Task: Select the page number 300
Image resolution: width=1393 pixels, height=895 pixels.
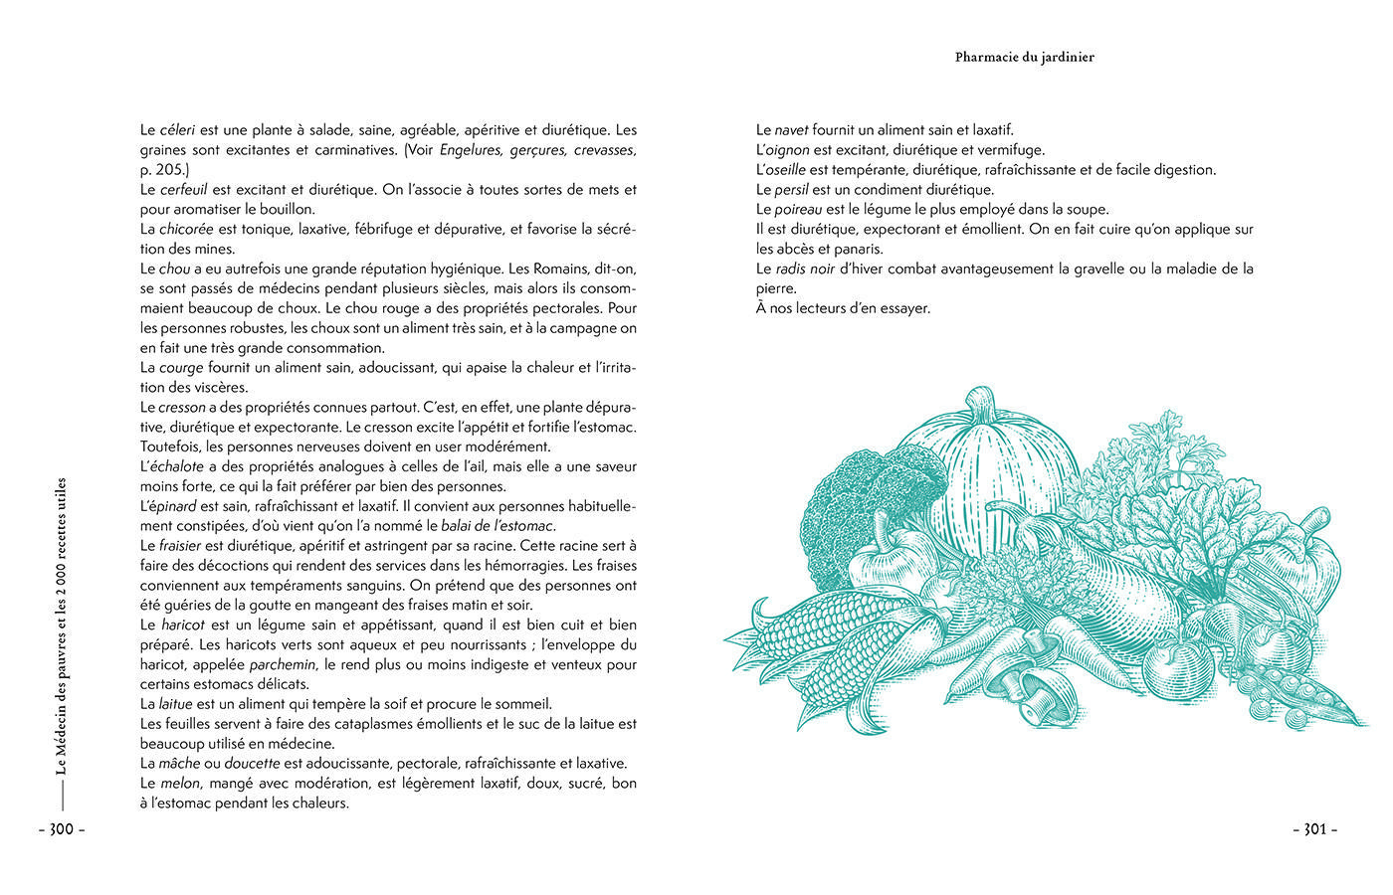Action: (62, 829)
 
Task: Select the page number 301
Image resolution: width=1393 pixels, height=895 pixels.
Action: (1314, 829)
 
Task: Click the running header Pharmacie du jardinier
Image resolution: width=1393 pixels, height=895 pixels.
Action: (1024, 58)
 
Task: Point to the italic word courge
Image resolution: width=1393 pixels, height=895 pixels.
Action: (181, 368)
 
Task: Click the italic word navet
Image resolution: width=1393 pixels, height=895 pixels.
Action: (791, 130)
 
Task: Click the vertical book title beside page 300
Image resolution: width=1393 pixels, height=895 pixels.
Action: (62, 626)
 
